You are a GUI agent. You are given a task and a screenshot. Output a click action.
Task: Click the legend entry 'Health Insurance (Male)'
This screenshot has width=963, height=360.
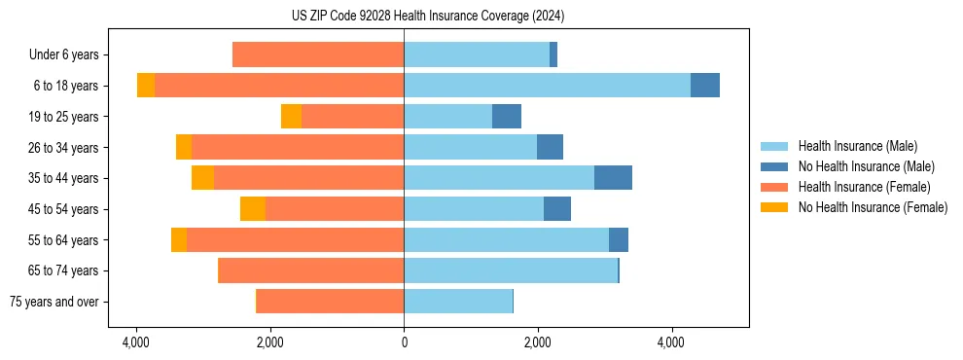[856, 146]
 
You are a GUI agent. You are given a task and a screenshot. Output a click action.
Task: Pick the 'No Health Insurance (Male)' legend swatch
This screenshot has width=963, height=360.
[774, 166]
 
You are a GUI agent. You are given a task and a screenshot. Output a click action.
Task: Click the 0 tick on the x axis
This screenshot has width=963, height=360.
[404, 342]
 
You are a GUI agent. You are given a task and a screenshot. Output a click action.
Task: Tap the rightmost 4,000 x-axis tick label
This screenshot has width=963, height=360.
[671, 342]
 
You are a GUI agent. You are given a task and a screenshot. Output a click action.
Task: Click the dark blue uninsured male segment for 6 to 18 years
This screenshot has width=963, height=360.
[705, 86]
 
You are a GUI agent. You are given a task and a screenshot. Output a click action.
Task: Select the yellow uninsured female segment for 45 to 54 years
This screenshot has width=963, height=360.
[253, 209]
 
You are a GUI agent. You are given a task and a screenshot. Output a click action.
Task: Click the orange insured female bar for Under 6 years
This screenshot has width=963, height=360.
[318, 54]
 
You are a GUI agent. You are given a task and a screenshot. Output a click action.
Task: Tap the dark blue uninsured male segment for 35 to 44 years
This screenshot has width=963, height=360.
[613, 178]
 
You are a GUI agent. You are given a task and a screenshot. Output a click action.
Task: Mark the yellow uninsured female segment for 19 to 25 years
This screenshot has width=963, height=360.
[291, 117]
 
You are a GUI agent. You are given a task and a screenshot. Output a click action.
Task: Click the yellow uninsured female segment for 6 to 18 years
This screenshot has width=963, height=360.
[146, 86]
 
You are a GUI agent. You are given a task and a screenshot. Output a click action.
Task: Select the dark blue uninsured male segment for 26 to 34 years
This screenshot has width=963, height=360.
[550, 147]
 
